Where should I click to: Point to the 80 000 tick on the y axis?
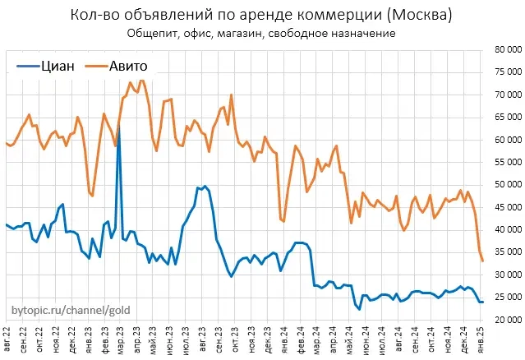(x=504, y=49)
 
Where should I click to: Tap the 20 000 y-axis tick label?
(x=504, y=319)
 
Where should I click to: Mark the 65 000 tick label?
(x=504, y=117)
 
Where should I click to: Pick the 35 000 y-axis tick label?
(x=504, y=252)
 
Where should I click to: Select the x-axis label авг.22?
(x=9, y=340)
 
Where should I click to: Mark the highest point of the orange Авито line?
(x=141, y=80)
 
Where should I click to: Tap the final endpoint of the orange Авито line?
(x=483, y=261)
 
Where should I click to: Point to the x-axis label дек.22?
(x=74, y=340)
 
